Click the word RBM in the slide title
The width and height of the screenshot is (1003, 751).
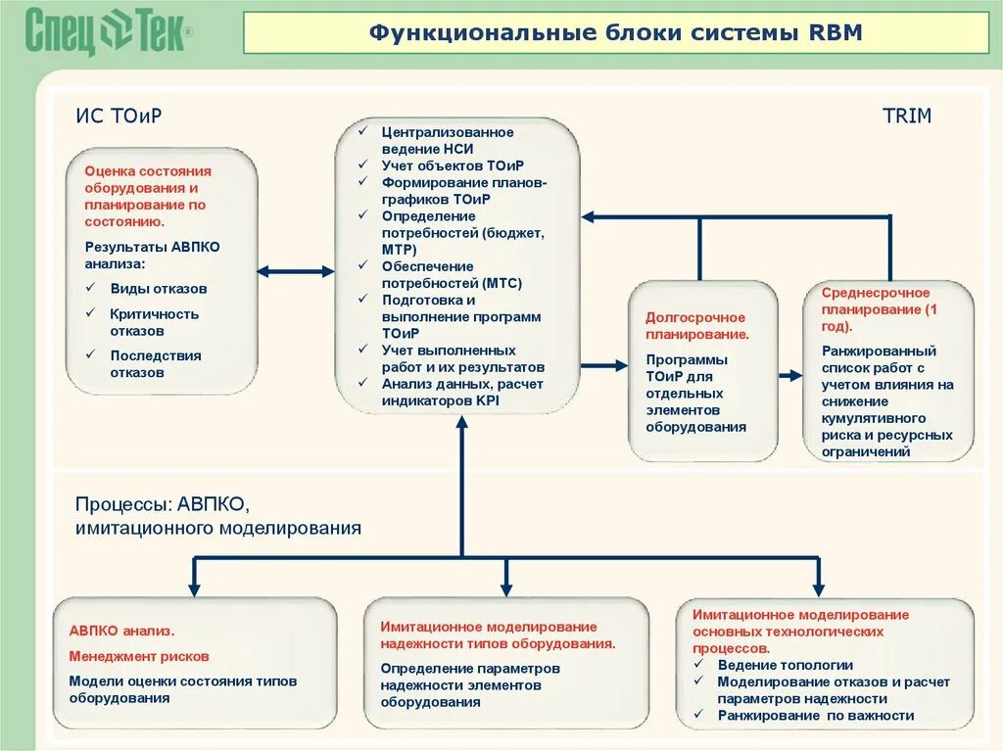click(x=836, y=32)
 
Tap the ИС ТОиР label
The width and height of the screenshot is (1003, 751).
click(x=119, y=116)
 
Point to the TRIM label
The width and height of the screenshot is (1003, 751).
click(x=907, y=116)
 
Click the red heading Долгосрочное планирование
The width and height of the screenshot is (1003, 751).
click(x=696, y=325)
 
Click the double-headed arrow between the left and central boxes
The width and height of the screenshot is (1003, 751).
click(x=295, y=271)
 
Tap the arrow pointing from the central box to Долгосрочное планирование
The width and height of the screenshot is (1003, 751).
click(x=603, y=364)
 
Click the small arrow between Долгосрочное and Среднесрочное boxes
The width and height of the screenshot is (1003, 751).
click(x=790, y=375)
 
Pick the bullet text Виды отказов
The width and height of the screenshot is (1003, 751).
click(x=158, y=289)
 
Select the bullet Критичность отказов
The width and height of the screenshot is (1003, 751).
click(x=154, y=322)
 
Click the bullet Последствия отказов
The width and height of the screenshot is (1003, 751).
click(x=155, y=364)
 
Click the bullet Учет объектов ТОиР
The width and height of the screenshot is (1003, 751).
click(x=453, y=164)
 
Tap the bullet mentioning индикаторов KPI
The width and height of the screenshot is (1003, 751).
click(x=461, y=392)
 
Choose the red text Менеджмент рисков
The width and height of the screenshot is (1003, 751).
click(x=138, y=656)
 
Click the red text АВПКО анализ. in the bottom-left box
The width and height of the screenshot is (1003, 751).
click(x=120, y=632)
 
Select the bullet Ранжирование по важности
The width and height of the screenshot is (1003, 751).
click(x=815, y=716)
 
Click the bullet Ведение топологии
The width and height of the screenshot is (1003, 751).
click(x=785, y=665)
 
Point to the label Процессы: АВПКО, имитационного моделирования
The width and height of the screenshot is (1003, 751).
click(x=217, y=516)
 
